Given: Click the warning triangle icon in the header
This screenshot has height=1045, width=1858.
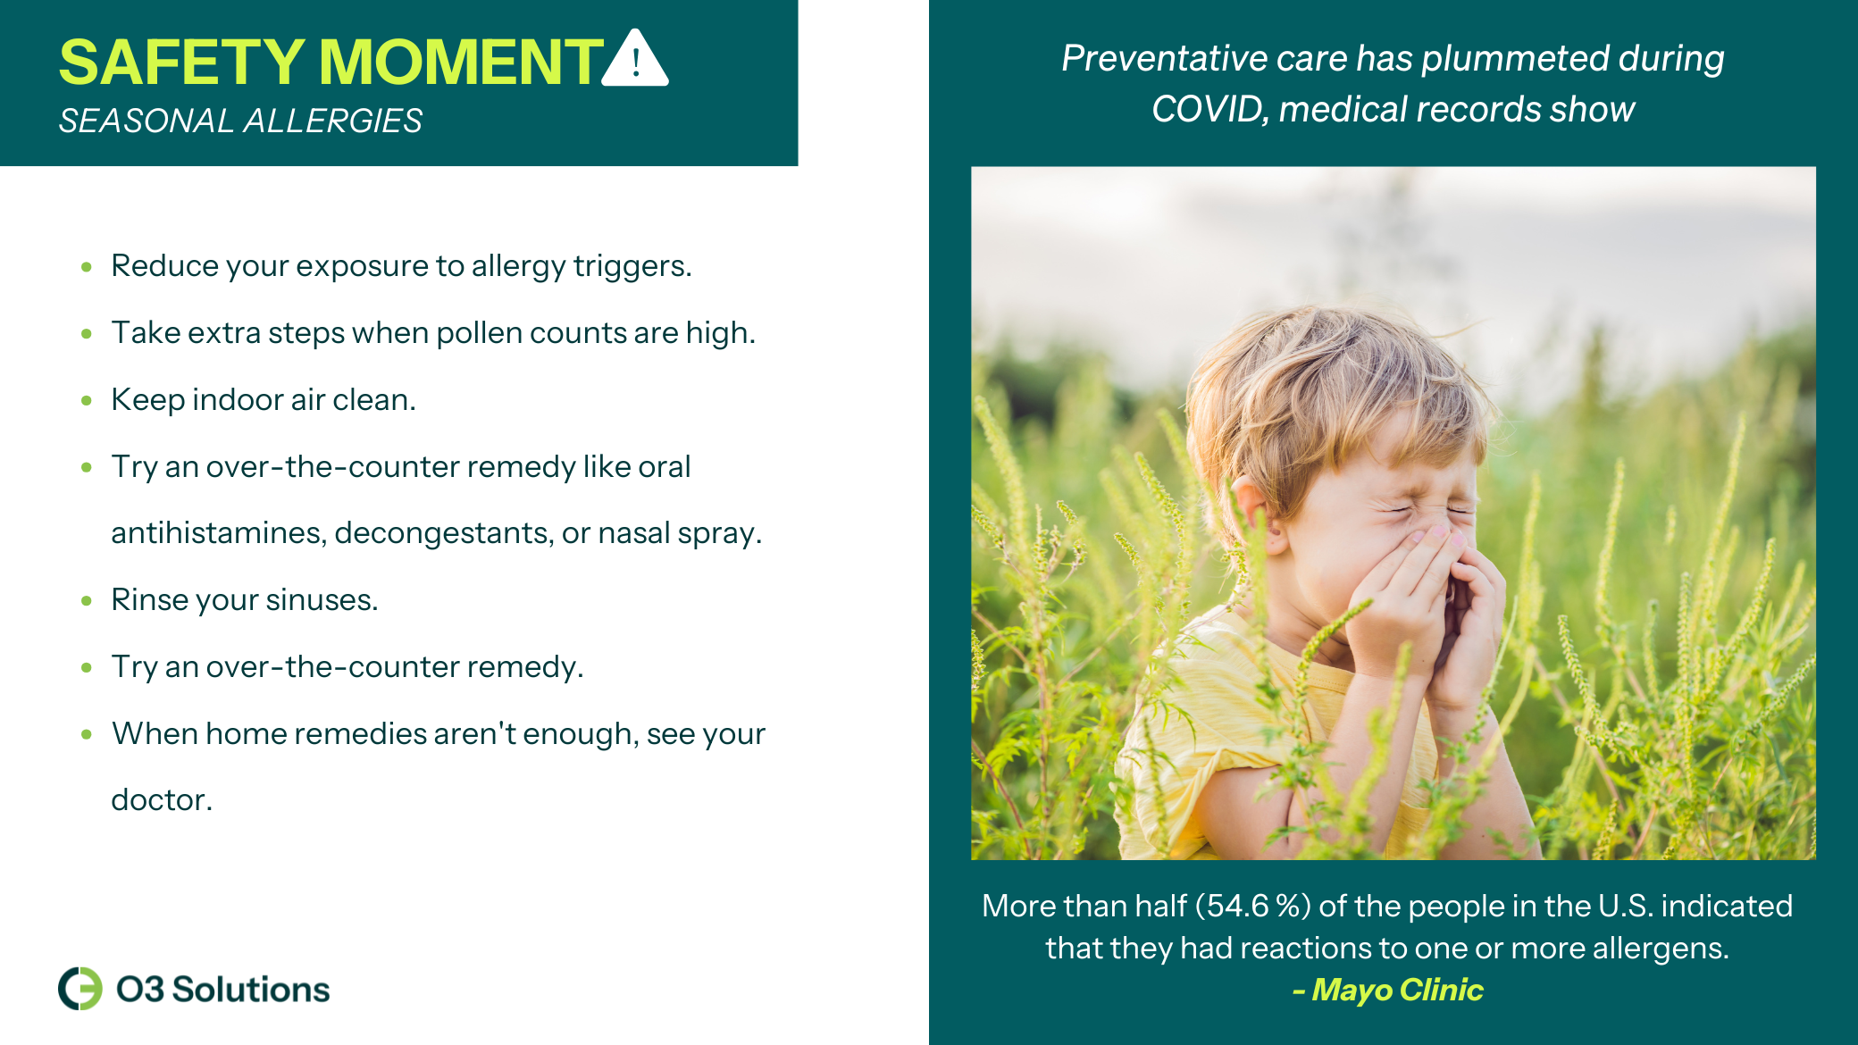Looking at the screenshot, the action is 635,59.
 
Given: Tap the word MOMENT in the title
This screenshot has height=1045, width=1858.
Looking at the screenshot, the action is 461,63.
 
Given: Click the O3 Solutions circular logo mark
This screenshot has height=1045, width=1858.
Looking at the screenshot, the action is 80,989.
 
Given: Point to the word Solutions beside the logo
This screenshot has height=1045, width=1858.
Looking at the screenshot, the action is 251,990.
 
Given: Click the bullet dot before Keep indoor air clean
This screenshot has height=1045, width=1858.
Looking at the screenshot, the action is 87,400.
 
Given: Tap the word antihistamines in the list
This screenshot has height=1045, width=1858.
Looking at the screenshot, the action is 218,533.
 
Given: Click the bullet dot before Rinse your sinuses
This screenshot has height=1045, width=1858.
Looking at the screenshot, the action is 87,600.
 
